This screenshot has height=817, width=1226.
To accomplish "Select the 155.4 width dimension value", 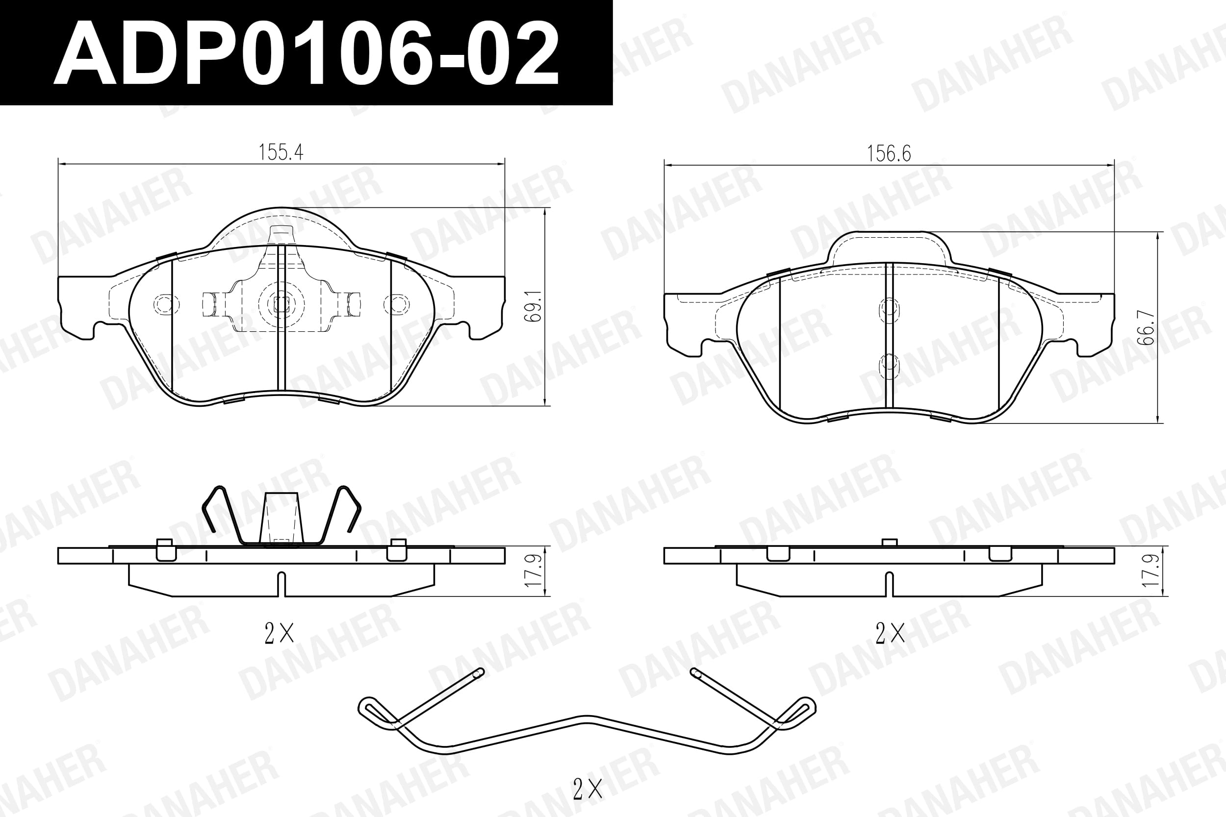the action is click(281, 152).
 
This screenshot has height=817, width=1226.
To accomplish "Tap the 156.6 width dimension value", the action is click(889, 154).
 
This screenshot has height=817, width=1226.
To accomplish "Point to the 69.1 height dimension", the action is click(536, 306).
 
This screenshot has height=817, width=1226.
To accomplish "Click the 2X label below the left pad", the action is click(280, 634).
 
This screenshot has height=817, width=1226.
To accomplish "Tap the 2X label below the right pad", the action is click(890, 634).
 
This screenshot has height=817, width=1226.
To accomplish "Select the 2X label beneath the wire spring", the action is click(587, 789).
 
